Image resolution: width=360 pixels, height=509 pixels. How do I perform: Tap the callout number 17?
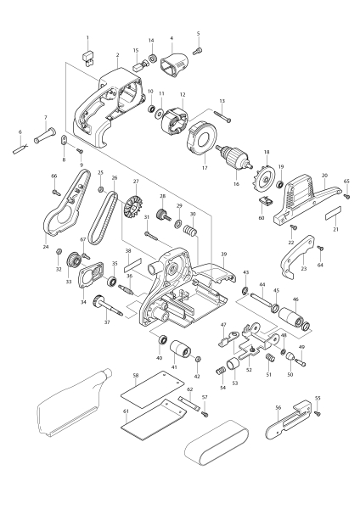coord(203,169)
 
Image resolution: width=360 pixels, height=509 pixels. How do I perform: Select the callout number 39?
coord(223,254)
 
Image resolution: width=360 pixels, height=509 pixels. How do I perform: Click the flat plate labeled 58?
coord(144,392)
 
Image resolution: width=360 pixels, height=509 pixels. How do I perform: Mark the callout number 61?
coord(125,410)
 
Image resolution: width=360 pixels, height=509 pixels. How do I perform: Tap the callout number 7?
coord(45,118)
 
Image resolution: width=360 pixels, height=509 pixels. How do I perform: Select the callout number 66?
coord(54,176)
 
